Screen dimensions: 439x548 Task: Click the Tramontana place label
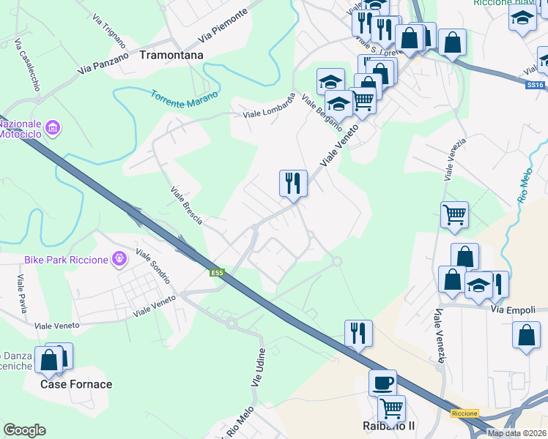coord(171,54)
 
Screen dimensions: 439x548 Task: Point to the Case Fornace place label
coord(76,384)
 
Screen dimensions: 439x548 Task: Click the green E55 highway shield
coord(217,273)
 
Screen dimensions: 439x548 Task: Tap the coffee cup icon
coord(382,382)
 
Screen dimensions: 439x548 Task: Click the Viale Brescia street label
coord(186,205)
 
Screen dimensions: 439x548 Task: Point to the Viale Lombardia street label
coord(269,108)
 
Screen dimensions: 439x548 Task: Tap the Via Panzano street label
coord(104,63)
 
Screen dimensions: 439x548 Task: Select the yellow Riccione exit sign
coord(464,413)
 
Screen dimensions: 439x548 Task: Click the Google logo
coord(24,430)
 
